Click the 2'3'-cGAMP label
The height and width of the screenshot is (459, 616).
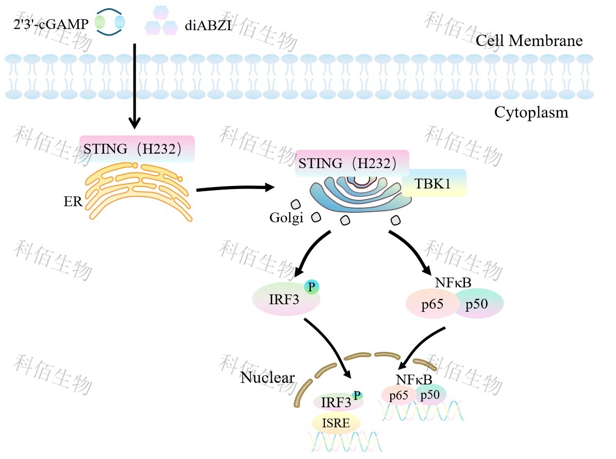click(51, 24)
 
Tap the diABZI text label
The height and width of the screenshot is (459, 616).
click(208, 25)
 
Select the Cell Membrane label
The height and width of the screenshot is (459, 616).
click(529, 41)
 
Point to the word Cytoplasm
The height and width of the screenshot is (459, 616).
click(531, 112)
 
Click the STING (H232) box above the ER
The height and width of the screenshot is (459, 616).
click(137, 149)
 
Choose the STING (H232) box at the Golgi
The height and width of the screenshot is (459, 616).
click(352, 163)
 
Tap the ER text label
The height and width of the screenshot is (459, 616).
click(73, 201)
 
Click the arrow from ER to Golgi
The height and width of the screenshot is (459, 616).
click(235, 189)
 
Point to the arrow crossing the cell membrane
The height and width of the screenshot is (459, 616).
click(135, 85)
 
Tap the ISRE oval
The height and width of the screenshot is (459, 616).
click(336, 423)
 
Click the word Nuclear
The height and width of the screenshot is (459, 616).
click(267, 378)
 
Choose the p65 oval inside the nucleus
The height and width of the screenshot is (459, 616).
click(399, 396)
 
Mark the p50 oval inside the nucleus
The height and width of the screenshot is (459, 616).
click(430, 395)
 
